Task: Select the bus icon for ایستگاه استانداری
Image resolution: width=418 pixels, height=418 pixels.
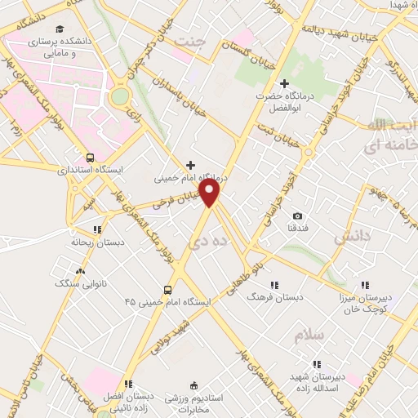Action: click(x=90, y=158)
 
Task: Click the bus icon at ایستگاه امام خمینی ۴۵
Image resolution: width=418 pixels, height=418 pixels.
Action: click(x=168, y=289)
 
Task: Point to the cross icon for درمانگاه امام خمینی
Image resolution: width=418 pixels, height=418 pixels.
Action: click(x=191, y=164)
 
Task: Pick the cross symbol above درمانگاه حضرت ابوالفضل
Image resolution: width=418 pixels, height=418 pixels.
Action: click(x=284, y=83)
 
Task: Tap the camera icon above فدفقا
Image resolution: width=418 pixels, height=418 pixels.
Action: click(x=297, y=215)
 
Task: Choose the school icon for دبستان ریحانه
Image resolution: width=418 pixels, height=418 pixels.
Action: click(x=97, y=231)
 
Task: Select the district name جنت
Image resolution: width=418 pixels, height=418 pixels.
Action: click(x=216, y=38)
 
